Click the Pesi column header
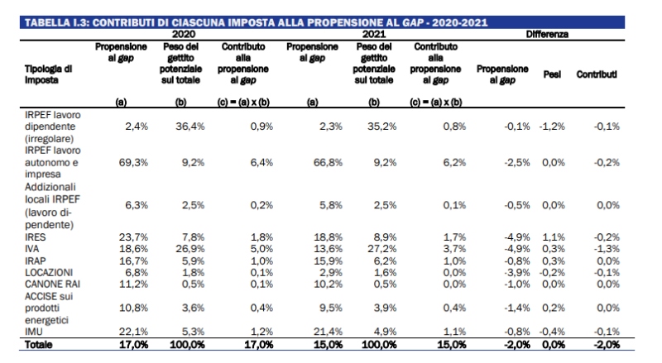552,74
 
